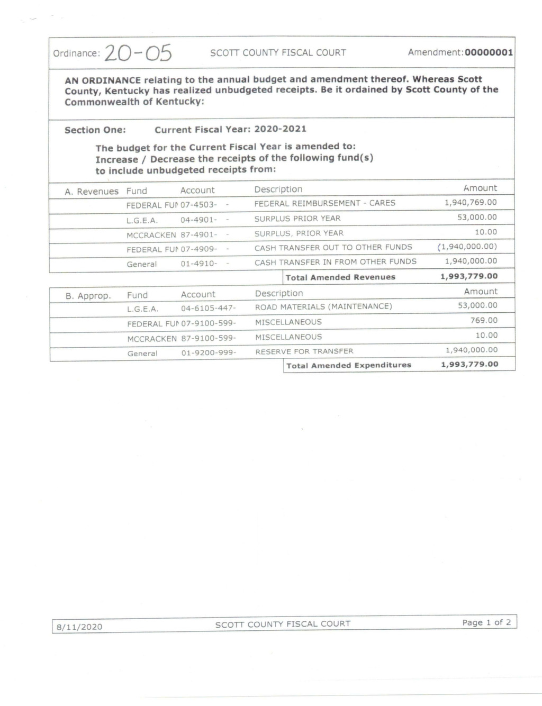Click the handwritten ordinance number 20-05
pyautogui.click(x=138, y=53)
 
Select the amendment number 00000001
pyautogui.click(x=489, y=52)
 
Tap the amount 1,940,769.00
pyautogui.click(x=471, y=202)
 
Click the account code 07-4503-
pyautogui.click(x=198, y=204)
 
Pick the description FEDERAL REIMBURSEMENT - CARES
pyautogui.click(x=324, y=203)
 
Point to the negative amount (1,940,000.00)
pyautogui.click(x=467, y=247)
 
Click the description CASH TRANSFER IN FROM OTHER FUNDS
pyautogui.click(x=335, y=262)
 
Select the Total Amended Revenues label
pyautogui.click(x=340, y=277)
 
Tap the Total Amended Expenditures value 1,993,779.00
pyautogui.click(x=469, y=364)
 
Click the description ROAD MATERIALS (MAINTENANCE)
pyautogui.click(x=323, y=307)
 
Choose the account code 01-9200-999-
pyautogui.click(x=209, y=352)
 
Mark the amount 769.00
pyautogui.click(x=484, y=320)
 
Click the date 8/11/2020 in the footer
pyautogui.click(x=79, y=627)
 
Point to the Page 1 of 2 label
pyautogui.click(x=486, y=622)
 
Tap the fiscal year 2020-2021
pyautogui.click(x=280, y=129)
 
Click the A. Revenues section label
pyautogui.click(x=92, y=192)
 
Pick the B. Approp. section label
pyautogui.click(x=88, y=296)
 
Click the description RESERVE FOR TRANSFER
pyautogui.click(x=304, y=351)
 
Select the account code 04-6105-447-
pyautogui.click(x=208, y=308)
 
